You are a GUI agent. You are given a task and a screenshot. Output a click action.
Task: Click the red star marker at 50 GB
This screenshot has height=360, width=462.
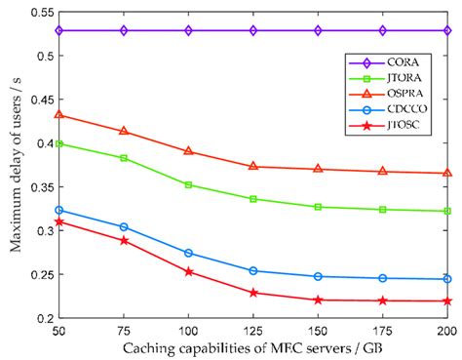coord(59,221)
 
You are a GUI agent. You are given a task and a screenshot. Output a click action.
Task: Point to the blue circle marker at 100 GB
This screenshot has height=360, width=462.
coord(189,253)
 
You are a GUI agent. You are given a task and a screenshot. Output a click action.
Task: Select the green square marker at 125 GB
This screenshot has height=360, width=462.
coord(253,199)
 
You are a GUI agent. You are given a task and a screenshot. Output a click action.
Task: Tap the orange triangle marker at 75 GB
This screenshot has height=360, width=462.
coord(124,131)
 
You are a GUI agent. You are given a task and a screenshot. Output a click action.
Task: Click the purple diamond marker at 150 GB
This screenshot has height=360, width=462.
coord(318,30)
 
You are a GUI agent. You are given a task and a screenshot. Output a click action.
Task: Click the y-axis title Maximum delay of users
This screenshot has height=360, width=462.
coord(13,161)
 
